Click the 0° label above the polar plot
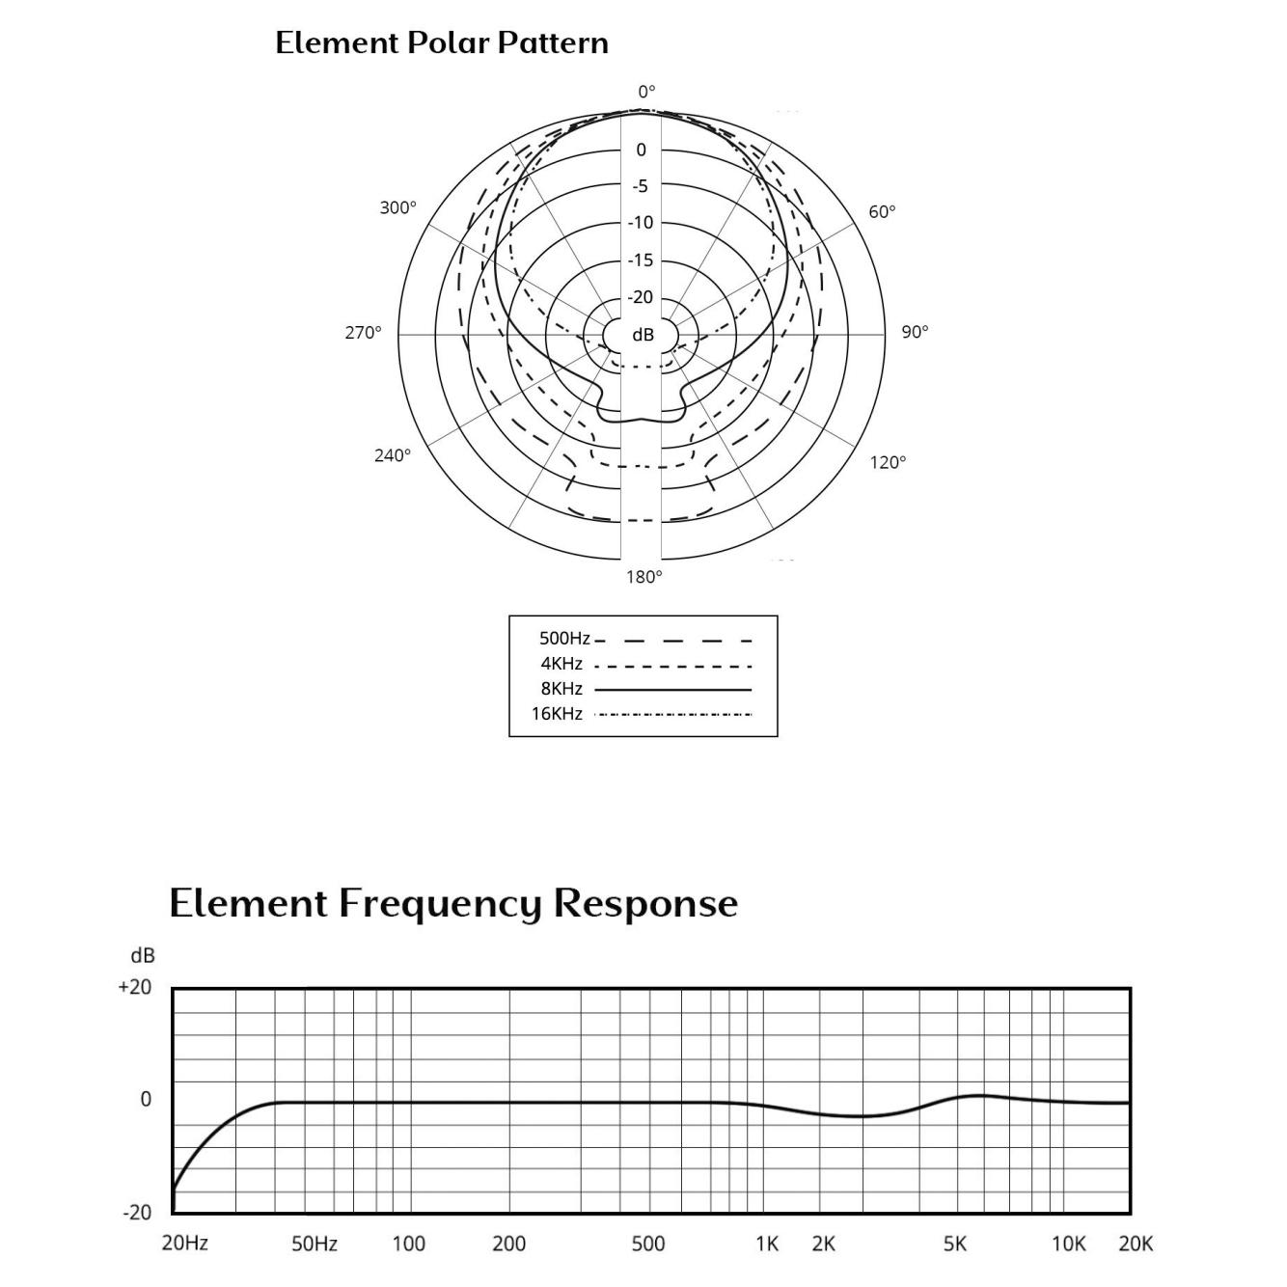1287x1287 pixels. [x=646, y=91]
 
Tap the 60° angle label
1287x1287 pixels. [x=882, y=211]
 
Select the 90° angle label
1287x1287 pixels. [x=915, y=332]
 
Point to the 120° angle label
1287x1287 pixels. [x=888, y=462]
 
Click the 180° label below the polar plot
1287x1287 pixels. [x=643, y=577]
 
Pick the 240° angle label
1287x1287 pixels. [x=392, y=455]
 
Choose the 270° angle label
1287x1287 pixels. [x=363, y=332]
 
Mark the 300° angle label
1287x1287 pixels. [x=398, y=207]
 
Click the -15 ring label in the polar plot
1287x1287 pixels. [x=641, y=260]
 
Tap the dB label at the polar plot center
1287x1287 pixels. [x=643, y=335]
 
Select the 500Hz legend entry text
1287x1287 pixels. [x=564, y=640]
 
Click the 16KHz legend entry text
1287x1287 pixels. [x=557, y=714]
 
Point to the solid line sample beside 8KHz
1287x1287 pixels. [x=673, y=689]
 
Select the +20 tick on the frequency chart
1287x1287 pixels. [x=135, y=986]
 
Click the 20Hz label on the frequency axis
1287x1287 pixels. [x=185, y=1243]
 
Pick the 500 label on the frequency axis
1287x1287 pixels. [x=647, y=1244]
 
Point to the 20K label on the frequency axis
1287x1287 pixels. [x=1136, y=1244]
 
